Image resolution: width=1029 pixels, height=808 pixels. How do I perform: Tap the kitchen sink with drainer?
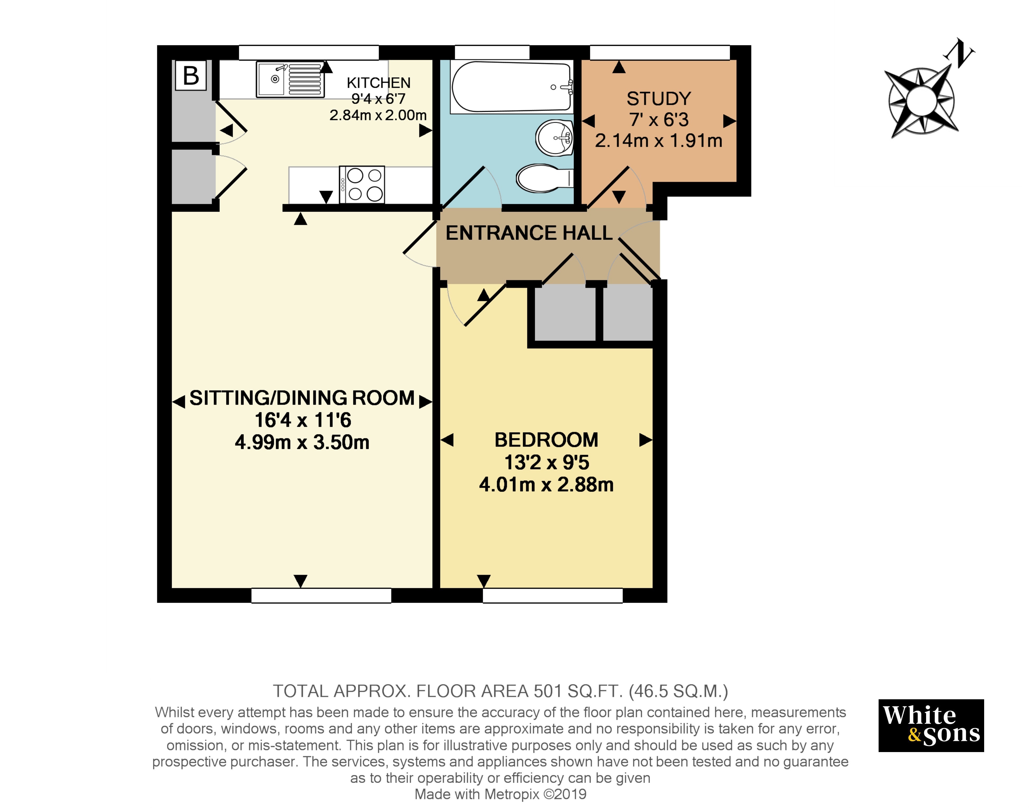tap(290, 79)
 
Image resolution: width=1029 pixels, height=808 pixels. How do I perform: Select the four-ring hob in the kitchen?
tap(362, 184)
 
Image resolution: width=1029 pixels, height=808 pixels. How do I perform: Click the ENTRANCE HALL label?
tap(529, 233)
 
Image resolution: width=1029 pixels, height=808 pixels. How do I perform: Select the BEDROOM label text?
tap(546, 440)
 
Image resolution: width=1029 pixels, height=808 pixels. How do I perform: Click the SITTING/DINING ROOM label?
tap(302, 398)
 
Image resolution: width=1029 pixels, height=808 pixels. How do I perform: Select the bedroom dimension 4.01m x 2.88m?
tap(546, 484)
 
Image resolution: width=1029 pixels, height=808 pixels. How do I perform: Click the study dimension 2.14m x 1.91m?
tap(659, 140)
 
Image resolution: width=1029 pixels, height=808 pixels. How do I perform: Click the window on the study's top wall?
tap(660, 53)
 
